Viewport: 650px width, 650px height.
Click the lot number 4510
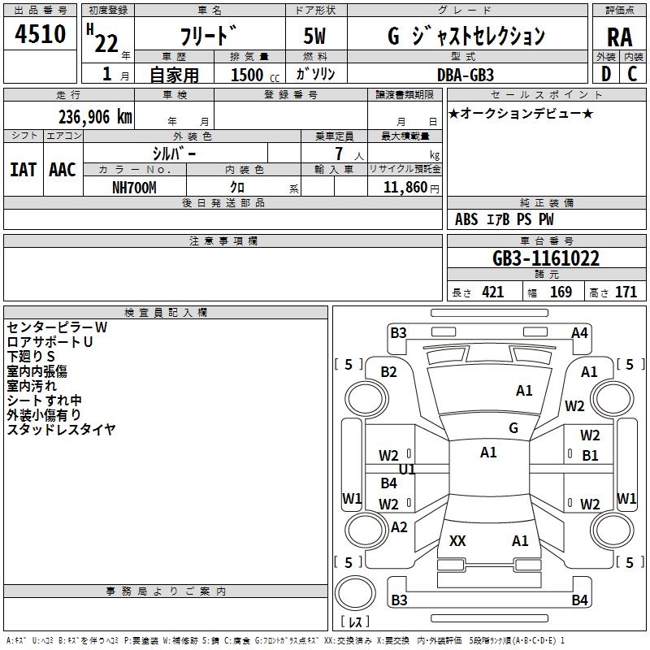pos(40,33)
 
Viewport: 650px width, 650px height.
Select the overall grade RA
pos(619,37)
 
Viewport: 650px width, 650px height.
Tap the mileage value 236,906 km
pos(95,117)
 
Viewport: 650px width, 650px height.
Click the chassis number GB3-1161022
pos(545,258)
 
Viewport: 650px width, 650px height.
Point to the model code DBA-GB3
pos(465,75)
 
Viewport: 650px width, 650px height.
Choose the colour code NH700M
pos(134,188)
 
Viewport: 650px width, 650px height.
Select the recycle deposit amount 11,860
pos(405,188)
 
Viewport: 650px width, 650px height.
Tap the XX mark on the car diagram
pos(457,540)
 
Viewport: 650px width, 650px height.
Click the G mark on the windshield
pos(513,428)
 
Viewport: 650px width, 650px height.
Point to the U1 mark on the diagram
pos(407,470)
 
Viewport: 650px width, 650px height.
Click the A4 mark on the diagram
pos(579,333)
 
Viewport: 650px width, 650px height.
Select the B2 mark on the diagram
pos(388,372)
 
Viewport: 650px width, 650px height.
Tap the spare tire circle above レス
pos(355,593)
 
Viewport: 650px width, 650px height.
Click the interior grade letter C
pos(632,74)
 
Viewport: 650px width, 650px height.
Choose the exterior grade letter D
pos(606,74)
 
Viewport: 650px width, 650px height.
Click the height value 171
pos(626,292)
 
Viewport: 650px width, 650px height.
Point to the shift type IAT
pos(23,170)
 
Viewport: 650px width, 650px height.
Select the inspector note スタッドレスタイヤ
pos(61,430)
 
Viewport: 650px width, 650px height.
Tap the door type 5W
pos(314,36)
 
